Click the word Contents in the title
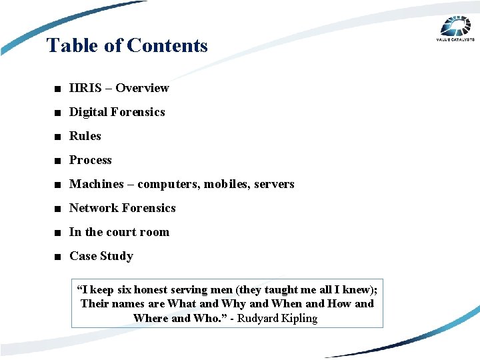[x=167, y=45]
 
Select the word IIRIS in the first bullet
[x=86, y=88]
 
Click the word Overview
[x=143, y=88]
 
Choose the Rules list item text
[x=85, y=136]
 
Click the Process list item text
[x=91, y=160]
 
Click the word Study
[x=117, y=256]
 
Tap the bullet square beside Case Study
[x=59, y=257]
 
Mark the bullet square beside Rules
[x=59, y=137]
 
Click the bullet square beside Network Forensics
[x=59, y=209]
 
